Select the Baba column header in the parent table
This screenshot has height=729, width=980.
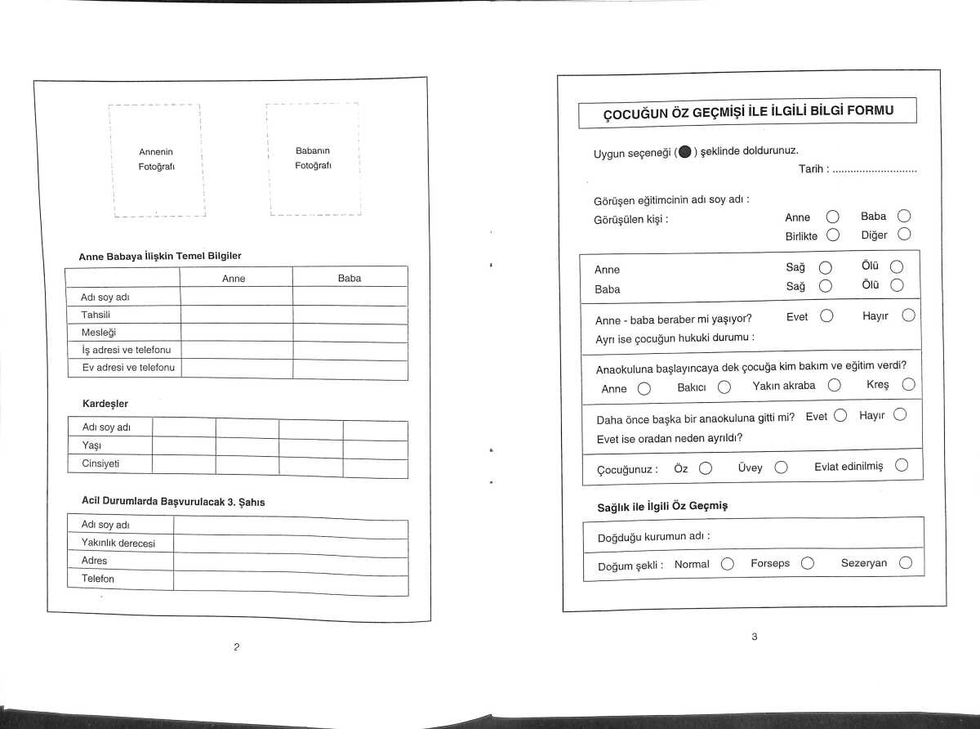(350, 279)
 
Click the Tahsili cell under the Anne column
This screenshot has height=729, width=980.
(236, 315)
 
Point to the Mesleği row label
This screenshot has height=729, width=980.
(100, 333)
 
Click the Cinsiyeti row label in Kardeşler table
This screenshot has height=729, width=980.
(101, 464)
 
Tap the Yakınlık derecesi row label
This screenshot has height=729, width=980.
(118, 543)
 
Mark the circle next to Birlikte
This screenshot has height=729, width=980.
(832, 235)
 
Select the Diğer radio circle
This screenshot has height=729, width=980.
(903, 235)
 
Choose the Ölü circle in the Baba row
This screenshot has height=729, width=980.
(896, 286)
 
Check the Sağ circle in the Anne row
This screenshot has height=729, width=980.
(825, 267)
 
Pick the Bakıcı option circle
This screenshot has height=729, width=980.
(724, 387)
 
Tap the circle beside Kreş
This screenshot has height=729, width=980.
(908, 385)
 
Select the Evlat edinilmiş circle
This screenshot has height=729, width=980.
(902, 466)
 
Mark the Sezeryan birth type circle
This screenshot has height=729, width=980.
(905, 563)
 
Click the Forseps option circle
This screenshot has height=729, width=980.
(808, 563)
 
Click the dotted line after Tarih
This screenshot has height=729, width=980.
(875, 171)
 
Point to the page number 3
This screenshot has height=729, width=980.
(755, 637)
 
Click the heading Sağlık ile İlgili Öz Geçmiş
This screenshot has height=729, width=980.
(662, 507)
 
